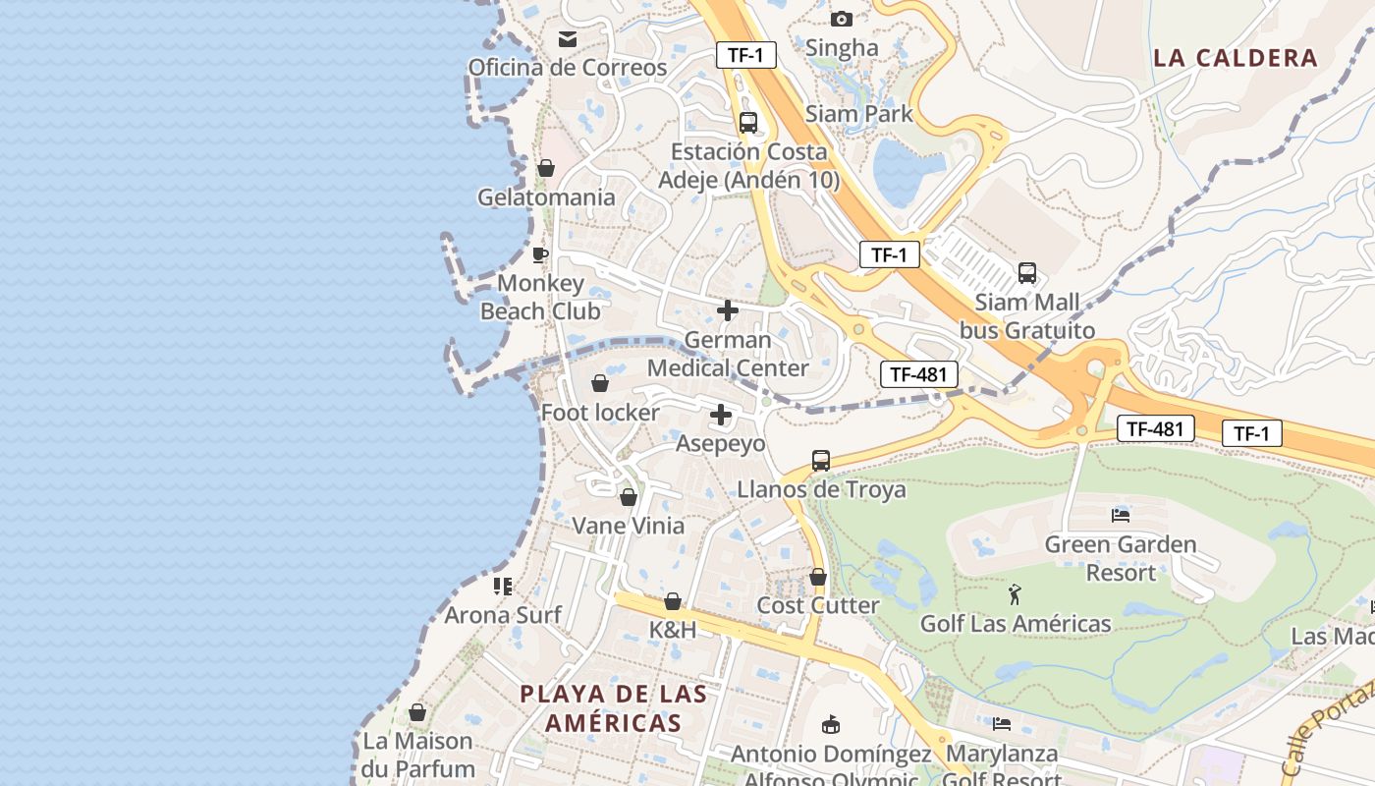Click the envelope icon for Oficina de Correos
568,39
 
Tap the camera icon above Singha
841,19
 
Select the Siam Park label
858,114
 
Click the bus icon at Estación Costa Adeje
748,123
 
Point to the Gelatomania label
546,197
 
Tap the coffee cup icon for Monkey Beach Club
539,255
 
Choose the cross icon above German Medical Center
728,311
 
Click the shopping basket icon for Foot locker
600,383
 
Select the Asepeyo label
720,444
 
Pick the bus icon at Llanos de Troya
821,460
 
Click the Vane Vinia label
628,526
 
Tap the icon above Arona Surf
503,587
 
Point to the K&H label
673,630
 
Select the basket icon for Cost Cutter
818,577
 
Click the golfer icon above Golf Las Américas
1015,593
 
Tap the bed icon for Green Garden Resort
1121,515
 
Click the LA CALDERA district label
1235,58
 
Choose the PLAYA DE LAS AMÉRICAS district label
614,708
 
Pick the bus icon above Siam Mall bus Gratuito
1027,273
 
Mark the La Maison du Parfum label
417,755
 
